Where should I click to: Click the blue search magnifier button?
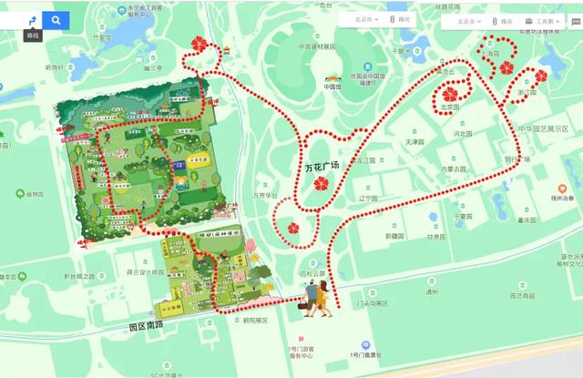[56, 20]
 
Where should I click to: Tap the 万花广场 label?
[322, 167]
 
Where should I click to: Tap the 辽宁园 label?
[367, 197]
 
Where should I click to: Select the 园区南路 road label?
[148, 324]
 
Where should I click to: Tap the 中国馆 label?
[332, 87]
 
